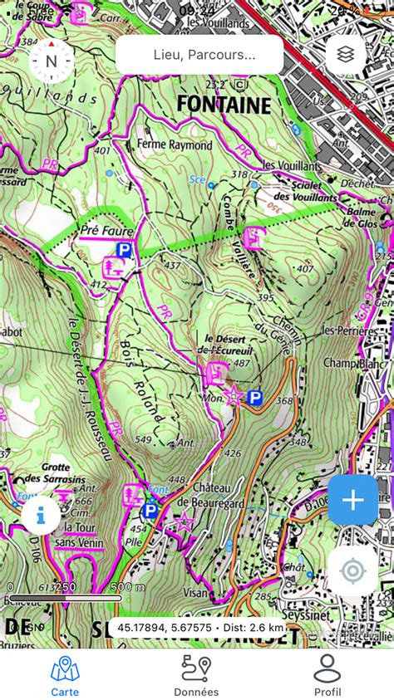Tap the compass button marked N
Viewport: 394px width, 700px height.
52,61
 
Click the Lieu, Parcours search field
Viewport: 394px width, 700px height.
199,55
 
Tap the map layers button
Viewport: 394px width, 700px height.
346,55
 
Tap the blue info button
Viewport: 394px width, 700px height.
41,516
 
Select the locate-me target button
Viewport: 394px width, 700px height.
352,570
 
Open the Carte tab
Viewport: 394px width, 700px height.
65,675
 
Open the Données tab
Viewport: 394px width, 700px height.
196,675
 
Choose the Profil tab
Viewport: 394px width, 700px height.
328,675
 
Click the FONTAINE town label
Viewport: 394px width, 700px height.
224,105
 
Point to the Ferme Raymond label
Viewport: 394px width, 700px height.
175,145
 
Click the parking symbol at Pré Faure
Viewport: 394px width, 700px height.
124,249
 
